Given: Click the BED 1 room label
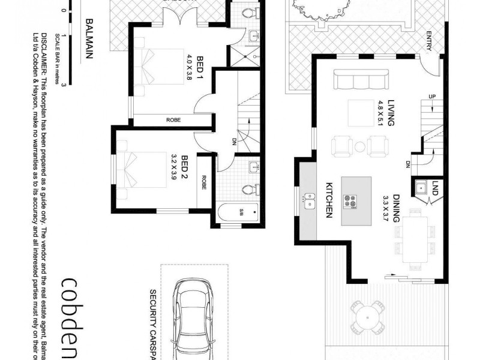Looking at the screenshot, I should click(196, 67).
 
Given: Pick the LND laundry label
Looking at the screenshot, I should click(434, 187).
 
